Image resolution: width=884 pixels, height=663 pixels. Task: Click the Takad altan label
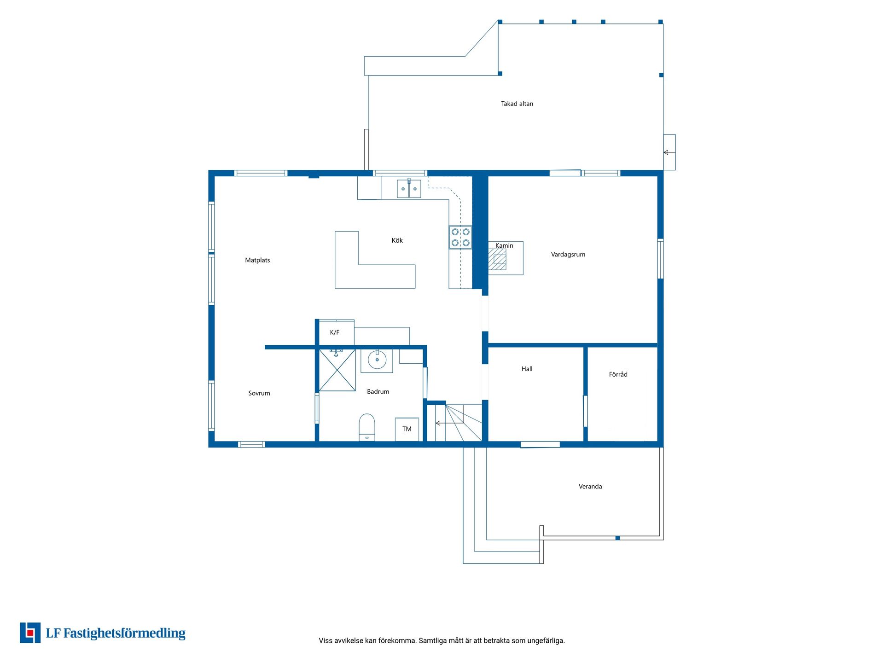click(517, 104)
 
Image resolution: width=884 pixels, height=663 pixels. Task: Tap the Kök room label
click(397, 240)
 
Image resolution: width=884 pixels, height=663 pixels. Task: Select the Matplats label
click(257, 260)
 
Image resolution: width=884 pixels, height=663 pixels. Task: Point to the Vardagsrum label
click(568, 255)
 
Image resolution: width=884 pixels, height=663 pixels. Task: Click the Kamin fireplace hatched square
click(497, 260)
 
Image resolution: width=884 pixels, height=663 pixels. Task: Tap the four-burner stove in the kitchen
click(460, 237)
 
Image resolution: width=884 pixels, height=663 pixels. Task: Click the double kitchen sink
click(409, 189)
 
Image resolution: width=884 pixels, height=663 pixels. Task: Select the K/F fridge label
click(335, 332)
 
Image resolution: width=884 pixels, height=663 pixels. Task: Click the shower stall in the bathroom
click(337, 370)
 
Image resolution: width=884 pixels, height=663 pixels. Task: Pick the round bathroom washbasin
click(377, 360)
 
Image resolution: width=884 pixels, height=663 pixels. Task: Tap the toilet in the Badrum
click(367, 427)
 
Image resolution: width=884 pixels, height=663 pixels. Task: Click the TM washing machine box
click(407, 429)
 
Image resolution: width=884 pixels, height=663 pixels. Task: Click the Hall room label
click(527, 369)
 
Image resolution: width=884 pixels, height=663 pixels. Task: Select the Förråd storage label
click(618, 374)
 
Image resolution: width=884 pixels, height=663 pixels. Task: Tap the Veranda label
click(590, 486)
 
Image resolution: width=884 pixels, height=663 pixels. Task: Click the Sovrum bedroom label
click(259, 393)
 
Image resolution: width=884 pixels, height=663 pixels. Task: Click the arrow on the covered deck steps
click(669, 152)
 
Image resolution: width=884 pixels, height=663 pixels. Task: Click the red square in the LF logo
click(30, 633)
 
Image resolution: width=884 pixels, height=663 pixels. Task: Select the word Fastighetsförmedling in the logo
click(124, 634)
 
